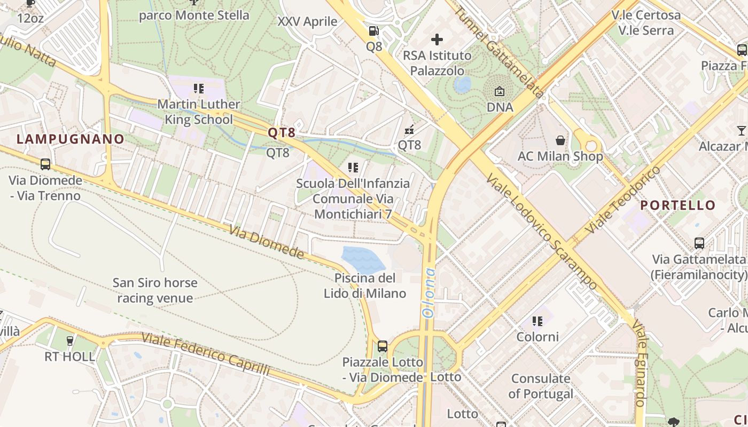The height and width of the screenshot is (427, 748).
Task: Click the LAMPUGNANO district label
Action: click(71, 139)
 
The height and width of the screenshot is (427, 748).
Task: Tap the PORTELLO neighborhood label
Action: click(677, 205)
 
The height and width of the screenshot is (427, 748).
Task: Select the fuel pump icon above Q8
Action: click(373, 31)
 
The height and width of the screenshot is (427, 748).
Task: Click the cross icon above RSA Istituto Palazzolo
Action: click(437, 39)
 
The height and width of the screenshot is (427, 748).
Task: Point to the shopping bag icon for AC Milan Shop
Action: click(560, 140)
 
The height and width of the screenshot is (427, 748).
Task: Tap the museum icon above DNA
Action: click(500, 91)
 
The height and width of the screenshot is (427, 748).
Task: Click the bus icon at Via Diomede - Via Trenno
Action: click(45, 164)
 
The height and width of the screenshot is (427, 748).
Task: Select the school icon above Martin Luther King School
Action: click(199, 88)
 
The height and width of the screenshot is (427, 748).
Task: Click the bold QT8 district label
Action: click(282, 133)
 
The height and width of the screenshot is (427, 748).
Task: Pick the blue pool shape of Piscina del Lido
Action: click(363, 259)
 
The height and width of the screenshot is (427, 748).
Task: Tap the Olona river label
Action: click(429, 293)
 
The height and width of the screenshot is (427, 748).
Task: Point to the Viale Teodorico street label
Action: click(622, 200)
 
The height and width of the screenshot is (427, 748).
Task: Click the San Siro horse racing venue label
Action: click(155, 290)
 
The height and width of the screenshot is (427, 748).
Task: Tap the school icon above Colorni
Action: click(537, 321)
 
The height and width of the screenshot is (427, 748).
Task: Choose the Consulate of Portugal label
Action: click(541, 386)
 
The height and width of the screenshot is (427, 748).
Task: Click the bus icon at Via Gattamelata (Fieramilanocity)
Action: click(699, 243)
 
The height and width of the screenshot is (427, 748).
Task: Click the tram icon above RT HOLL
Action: click(69, 340)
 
